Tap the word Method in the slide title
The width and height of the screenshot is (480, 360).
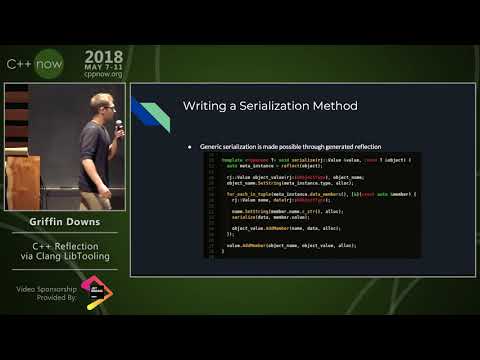click(x=333, y=106)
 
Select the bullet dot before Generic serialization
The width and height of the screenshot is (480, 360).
click(x=190, y=146)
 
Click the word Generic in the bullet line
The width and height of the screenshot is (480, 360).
click(x=212, y=146)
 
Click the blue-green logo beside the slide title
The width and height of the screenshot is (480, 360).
click(x=149, y=113)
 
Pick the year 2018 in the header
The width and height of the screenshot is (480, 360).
click(x=104, y=57)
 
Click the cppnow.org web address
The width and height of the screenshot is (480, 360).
click(x=103, y=73)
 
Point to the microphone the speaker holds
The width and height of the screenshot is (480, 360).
click(x=118, y=125)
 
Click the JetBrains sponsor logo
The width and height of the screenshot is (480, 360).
click(x=97, y=293)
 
